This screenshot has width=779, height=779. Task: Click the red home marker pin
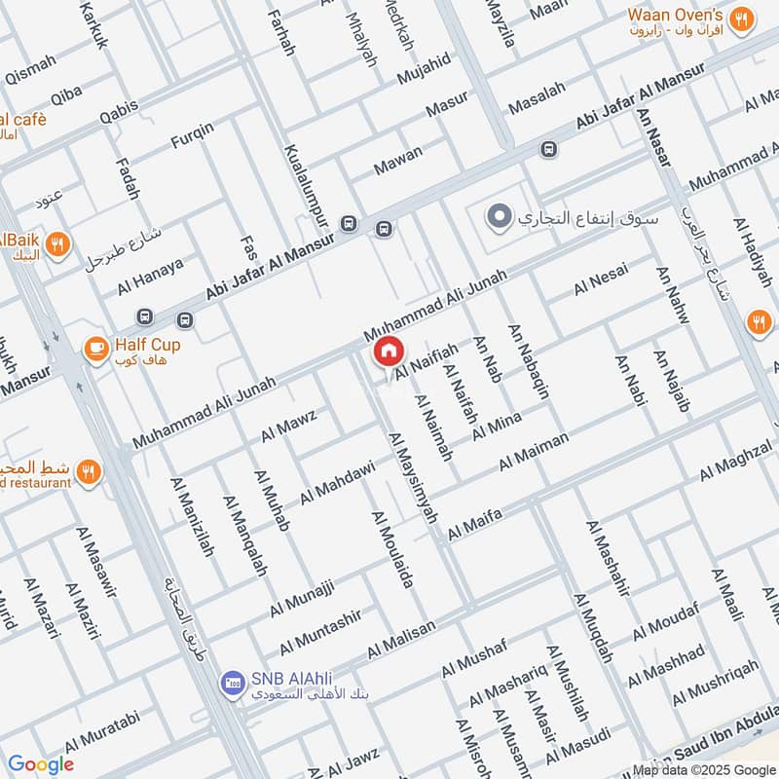[388, 352]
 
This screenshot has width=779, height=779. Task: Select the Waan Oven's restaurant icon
[742, 19]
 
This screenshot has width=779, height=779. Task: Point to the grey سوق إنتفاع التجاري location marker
[500, 216]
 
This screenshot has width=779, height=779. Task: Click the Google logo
[40, 764]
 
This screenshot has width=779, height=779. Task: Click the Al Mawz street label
[289, 426]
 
